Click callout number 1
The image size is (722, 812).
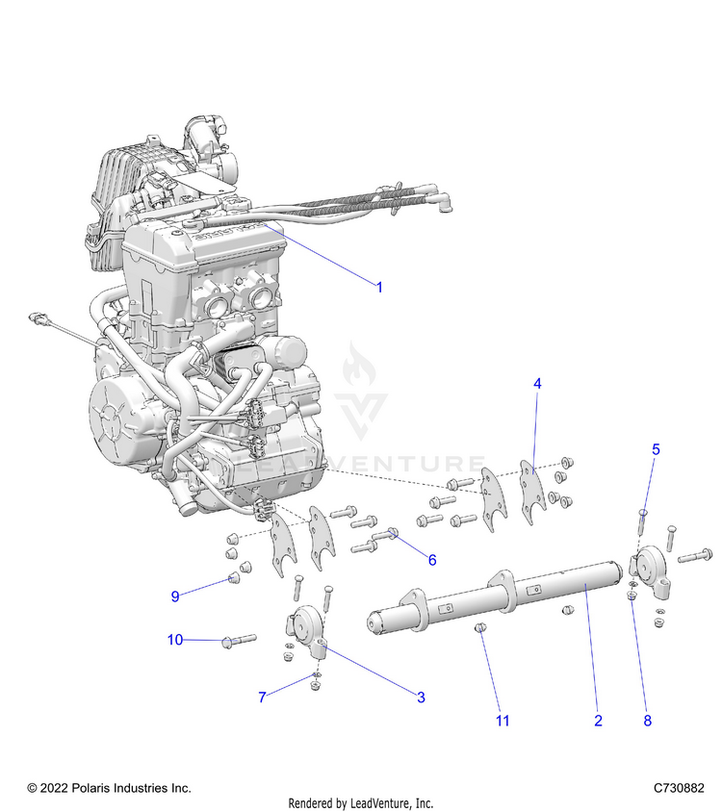pos(379,287)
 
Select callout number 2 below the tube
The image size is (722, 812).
pos(598,721)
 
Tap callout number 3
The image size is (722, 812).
pos(421,698)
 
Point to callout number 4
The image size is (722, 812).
pos(537,383)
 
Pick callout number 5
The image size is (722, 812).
pos(656,449)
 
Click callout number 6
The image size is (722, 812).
pos(432,560)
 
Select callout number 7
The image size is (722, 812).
pos(261,698)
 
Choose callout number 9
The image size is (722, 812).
pos(175,596)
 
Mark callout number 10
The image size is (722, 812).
pos(175,640)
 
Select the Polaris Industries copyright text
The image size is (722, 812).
pos(109,788)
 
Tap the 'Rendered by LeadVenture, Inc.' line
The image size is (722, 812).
pos(361,803)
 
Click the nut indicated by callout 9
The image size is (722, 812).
pos(233,578)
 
